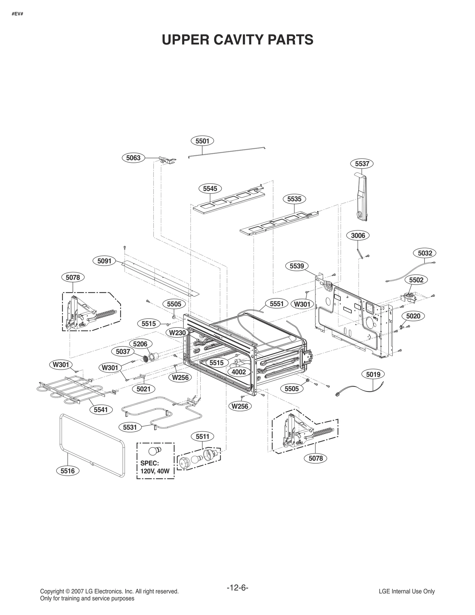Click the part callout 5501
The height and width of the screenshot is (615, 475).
[x=202, y=141]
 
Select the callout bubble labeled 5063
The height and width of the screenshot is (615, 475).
[x=133, y=158]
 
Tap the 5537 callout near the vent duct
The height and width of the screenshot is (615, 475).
[x=362, y=164]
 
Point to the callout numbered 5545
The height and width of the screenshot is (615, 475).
[x=210, y=188]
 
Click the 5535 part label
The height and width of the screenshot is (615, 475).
[x=294, y=199]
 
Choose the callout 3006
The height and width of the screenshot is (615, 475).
[x=358, y=235]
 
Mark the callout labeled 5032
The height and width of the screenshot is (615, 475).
[x=425, y=253]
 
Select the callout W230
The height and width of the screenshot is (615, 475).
[x=177, y=333]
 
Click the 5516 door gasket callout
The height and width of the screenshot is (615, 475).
[x=68, y=471]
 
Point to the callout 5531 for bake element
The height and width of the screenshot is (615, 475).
[x=130, y=427]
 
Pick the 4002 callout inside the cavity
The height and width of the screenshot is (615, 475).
[x=239, y=372]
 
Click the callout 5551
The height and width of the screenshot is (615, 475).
[x=276, y=304]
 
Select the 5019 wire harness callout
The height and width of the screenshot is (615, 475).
[x=373, y=374]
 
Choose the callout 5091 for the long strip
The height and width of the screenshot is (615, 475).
[x=104, y=261]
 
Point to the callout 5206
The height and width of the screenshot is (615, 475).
[x=140, y=344]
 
